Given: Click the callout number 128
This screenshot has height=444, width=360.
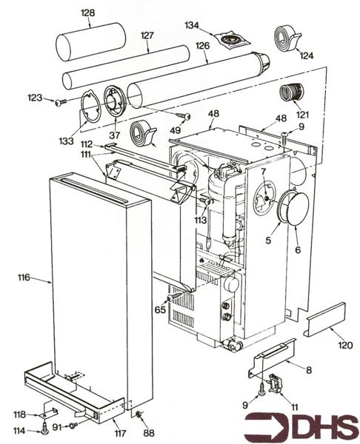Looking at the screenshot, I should click(87, 13).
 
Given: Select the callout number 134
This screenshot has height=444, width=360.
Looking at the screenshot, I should click(192, 25).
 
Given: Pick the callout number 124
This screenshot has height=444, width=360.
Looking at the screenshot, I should click(306, 55).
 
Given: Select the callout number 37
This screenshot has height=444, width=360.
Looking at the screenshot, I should click(113, 135).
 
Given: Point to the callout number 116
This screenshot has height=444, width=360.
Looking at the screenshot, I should click(24, 277).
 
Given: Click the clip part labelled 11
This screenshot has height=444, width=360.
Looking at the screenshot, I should click(276, 383).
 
